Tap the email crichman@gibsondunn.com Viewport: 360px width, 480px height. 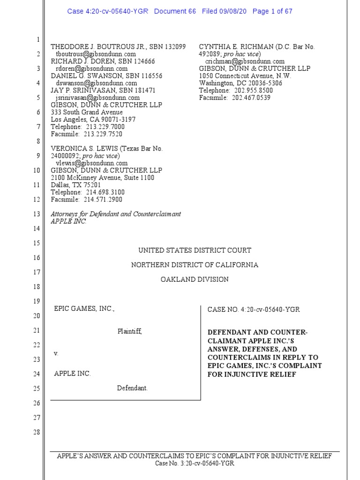coord(245,61)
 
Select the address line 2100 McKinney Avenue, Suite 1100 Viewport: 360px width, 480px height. coord(102,178)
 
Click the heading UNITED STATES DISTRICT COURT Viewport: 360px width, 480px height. coord(195,251)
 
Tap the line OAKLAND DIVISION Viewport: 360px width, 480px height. coord(195,279)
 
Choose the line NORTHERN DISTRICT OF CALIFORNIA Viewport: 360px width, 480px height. coord(195,265)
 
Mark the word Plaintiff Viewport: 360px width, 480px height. coord(129,331)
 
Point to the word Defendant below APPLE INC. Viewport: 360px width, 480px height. coord(132,388)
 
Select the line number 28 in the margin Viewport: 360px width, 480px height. coord(37,432)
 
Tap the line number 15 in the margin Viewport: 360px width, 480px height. coord(37,243)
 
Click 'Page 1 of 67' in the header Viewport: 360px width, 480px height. coord(272,11)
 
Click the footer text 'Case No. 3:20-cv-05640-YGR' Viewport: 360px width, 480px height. coord(195,464)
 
